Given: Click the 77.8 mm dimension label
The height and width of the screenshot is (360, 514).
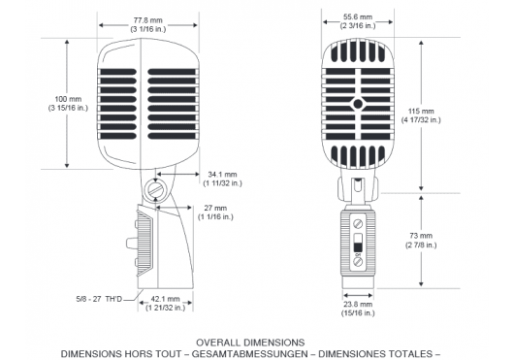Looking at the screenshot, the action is pos(148,20).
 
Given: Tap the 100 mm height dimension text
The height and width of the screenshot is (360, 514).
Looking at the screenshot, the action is pos(68,99).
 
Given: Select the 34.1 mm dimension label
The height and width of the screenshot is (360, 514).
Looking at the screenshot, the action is pos(222,175).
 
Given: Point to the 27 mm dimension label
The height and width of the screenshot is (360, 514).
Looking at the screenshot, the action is pos(215,208).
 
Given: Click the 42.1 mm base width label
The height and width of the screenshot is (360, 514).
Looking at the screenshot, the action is pos(165,299).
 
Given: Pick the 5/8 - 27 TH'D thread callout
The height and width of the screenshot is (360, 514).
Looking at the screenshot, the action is pos(99,299).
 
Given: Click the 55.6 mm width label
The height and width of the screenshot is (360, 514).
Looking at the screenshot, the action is pos(358,16).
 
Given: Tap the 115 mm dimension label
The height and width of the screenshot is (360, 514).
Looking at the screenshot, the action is pos(421,112).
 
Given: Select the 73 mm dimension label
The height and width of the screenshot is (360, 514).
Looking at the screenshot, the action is pos(421,236).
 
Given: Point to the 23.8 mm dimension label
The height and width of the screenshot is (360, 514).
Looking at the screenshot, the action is pos(358,304).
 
